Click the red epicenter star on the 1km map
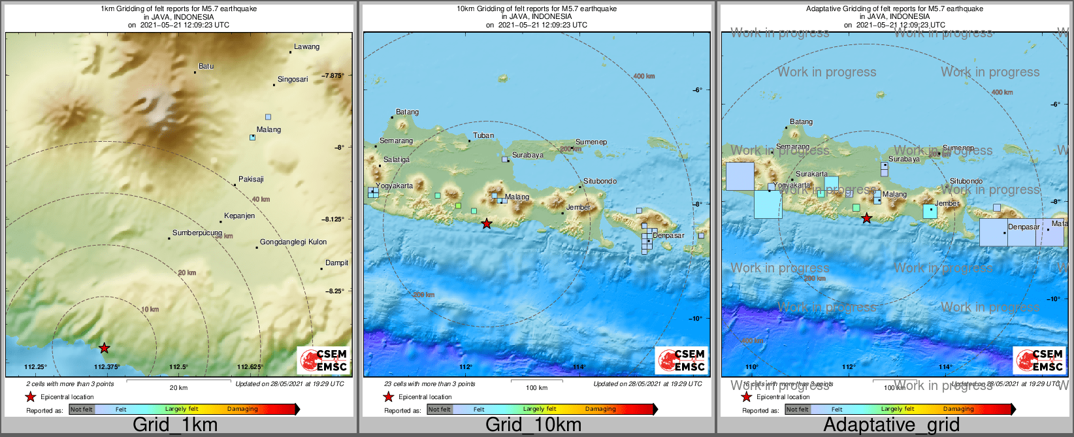105,348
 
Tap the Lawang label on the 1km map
306,47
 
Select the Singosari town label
293,80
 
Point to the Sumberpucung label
197,233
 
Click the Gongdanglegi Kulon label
293,242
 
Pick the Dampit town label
336,263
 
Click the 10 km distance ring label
150,310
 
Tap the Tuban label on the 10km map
483,136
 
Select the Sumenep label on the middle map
591,142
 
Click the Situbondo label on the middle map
600,182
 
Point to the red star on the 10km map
487,224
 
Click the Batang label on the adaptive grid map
802,122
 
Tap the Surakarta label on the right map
811,174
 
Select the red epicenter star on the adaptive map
866,219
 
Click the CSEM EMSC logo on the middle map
681,360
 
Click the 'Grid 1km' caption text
175,425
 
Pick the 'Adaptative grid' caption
891,425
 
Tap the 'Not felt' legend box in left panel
82,410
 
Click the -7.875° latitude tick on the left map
333,76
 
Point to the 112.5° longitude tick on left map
178,367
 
